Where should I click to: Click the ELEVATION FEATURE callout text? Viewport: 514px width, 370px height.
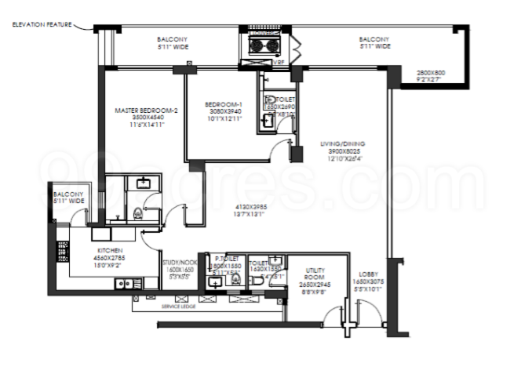[42, 25]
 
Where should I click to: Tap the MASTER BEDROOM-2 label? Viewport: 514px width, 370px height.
[146, 111]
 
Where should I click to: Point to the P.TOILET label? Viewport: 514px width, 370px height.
[226, 257]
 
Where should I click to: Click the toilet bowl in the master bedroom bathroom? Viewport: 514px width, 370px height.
[138, 210]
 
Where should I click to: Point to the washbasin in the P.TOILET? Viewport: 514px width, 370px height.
[215, 283]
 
